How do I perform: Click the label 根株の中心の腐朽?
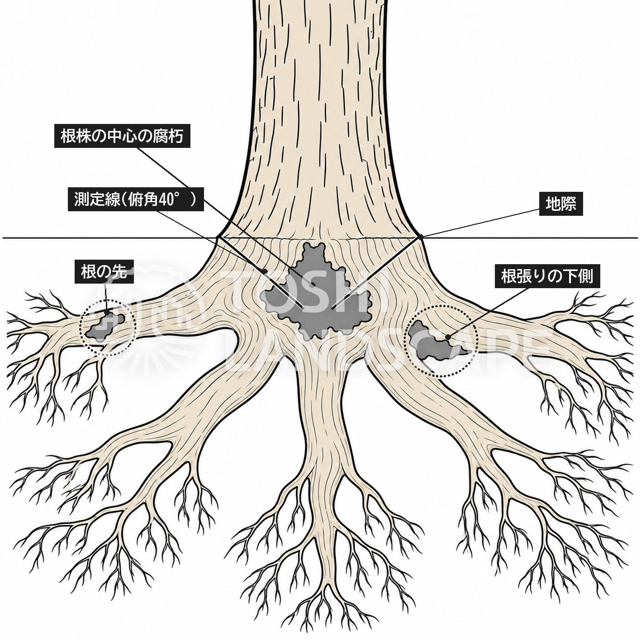pos(122,136)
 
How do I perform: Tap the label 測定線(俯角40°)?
pos(135,199)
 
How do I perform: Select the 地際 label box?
pos(560,204)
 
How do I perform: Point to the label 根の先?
pos(104,272)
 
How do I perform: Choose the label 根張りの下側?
pos(547,276)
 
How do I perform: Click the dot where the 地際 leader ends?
pos(420,237)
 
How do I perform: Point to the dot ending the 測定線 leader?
pos(265,271)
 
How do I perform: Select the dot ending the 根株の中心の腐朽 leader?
pos(313,285)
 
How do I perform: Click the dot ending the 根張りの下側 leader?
pos(448,337)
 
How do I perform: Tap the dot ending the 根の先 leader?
pos(107,313)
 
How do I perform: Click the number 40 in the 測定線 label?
pos(166,199)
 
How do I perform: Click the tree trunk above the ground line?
pos(319,116)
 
